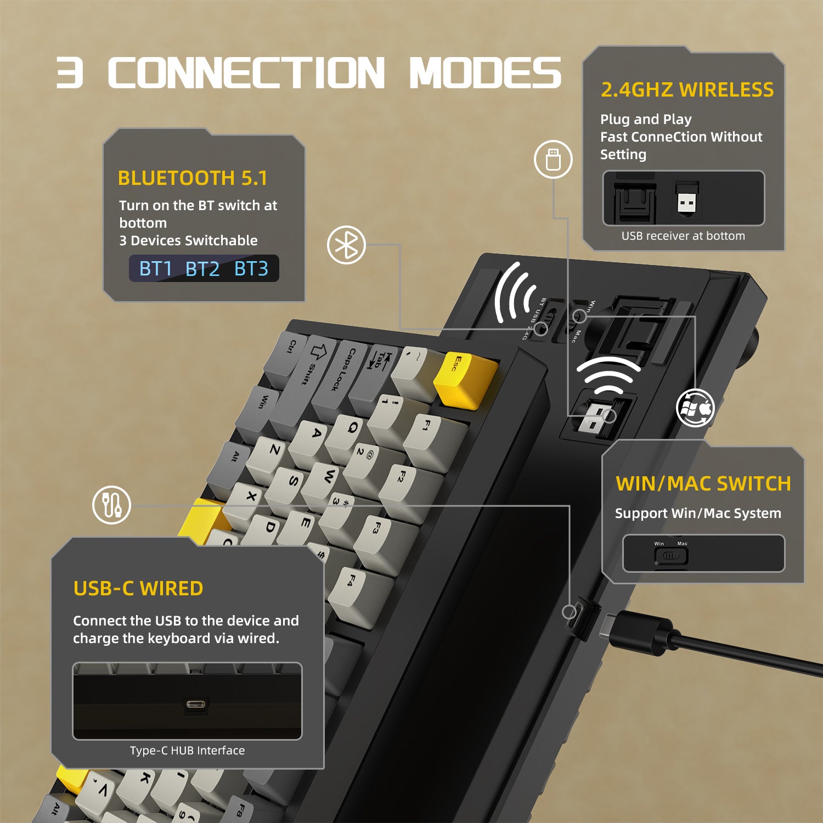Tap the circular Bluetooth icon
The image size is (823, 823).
[x=346, y=245]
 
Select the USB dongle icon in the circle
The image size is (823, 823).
[x=553, y=160]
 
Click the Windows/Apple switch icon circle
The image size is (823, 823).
[x=695, y=408]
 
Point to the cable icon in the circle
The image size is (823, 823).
[x=112, y=505]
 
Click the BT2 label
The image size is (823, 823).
[x=202, y=269]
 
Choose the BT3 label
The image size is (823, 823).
[x=251, y=269]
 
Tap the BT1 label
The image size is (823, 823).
[x=156, y=269]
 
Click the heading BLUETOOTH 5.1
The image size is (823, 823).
[x=193, y=178]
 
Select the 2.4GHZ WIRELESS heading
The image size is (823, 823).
[x=687, y=90]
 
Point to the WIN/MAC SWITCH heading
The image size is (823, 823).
[x=703, y=484]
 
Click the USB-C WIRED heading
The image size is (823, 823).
[x=138, y=589]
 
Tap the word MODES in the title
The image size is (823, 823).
[x=485, y=73]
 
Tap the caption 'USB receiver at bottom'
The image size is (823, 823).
[x=683, y=236]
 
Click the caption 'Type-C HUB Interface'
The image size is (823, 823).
[x=187, y=751]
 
